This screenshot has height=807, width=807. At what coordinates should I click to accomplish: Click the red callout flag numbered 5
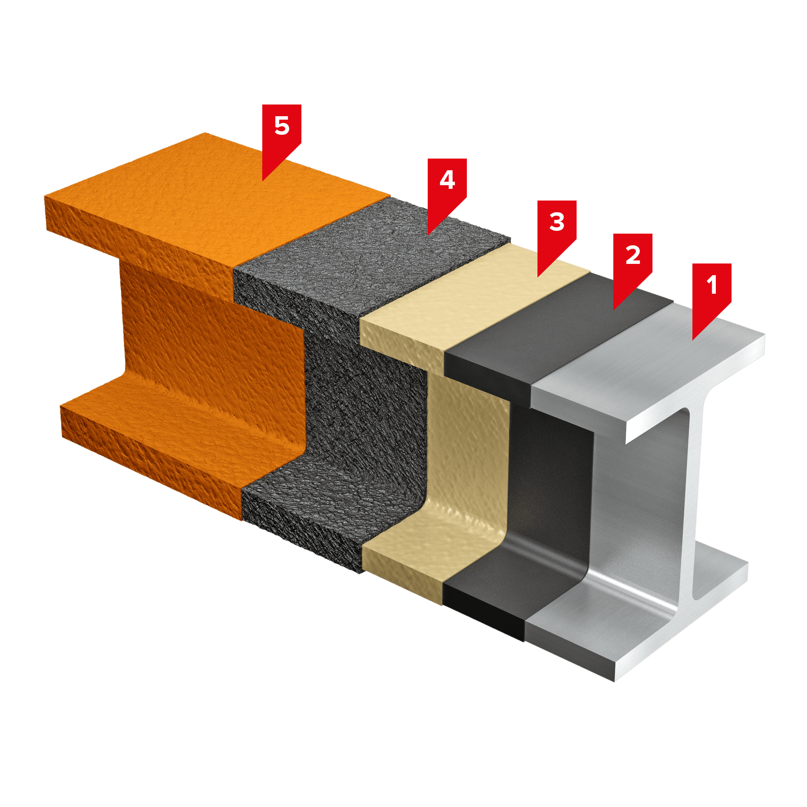(282, 134)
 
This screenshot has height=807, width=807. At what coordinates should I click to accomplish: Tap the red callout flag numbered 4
(447, 188)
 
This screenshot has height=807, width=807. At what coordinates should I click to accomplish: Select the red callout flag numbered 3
(557, 230)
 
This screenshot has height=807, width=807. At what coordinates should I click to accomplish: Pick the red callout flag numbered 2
(632, 263)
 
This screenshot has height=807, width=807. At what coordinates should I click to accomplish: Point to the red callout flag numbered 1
(712, 293)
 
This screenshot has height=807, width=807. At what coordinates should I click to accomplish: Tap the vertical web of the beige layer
(468, 447)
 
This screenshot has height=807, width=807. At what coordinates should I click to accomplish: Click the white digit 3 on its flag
(557, 222)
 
